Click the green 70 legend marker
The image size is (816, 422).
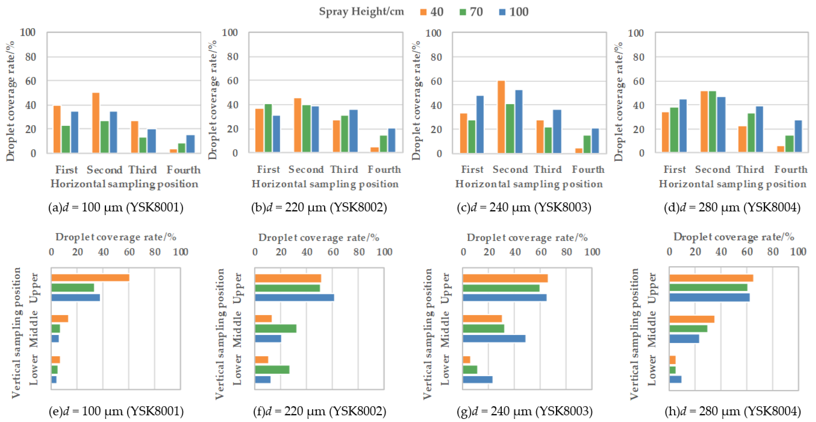(x=463, y=12)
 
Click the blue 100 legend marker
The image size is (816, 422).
(x=502, y=12)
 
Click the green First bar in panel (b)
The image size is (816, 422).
(x=268, y=128)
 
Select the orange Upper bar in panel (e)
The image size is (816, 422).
(x=90, y=278)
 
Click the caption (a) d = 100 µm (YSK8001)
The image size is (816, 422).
(x=116, y=207)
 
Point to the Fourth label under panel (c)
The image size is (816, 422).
(x=588, y=170)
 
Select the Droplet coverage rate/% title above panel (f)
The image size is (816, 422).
(x=319, y=238)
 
